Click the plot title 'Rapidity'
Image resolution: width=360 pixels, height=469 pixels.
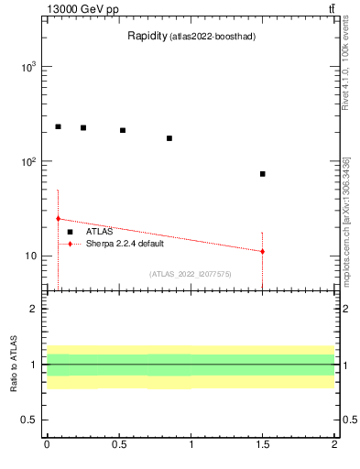click(146, 37)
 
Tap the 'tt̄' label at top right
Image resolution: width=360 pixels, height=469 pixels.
click(330, 8)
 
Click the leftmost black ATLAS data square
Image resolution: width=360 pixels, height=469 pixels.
click(58, 126)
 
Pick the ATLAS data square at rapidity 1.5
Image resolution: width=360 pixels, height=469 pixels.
click(262, 174)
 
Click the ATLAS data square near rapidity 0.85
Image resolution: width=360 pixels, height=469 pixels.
click(169, 138)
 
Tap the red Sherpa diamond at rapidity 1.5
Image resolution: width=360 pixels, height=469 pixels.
click(262, 251)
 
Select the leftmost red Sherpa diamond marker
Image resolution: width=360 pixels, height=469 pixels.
click(58, 219)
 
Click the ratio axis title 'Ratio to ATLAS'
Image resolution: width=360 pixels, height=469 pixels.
click(14, 365)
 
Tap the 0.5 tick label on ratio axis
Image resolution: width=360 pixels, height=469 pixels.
click(30, 420)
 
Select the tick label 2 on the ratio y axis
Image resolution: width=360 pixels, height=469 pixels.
click(35, 310)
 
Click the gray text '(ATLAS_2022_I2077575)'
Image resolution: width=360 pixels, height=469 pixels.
click(191, 274)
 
